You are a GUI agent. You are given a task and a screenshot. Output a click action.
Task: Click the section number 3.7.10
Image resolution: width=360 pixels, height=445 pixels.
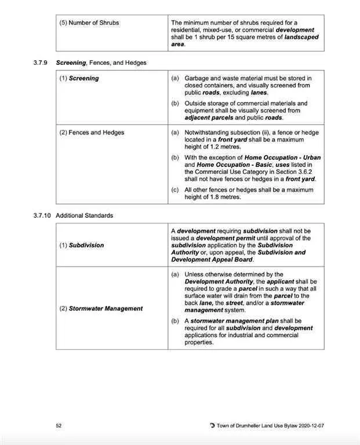(43, 216)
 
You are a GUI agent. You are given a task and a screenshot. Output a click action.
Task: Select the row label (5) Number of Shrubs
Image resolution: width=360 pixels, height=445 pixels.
(89, 23)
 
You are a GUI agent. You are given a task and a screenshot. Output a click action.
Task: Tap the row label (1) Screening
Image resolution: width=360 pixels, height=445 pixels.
(79, 78)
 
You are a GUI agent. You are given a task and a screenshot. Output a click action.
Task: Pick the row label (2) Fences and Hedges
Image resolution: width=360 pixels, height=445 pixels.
(92, 133)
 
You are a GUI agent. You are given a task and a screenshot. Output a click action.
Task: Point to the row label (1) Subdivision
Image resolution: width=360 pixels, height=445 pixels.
(82, 245)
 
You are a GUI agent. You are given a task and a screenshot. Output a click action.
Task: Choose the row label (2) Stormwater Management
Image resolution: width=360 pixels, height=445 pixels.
(101, 308)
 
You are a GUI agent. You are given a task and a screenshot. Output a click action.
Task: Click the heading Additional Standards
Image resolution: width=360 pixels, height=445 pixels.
(85, 216)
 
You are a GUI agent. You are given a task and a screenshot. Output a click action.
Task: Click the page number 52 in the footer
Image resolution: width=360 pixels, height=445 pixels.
(59, 426)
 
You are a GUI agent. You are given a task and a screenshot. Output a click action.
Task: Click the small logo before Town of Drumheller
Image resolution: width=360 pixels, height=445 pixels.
(212, 426)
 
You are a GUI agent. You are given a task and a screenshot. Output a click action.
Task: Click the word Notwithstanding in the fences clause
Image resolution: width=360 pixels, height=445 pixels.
(206, 133)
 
